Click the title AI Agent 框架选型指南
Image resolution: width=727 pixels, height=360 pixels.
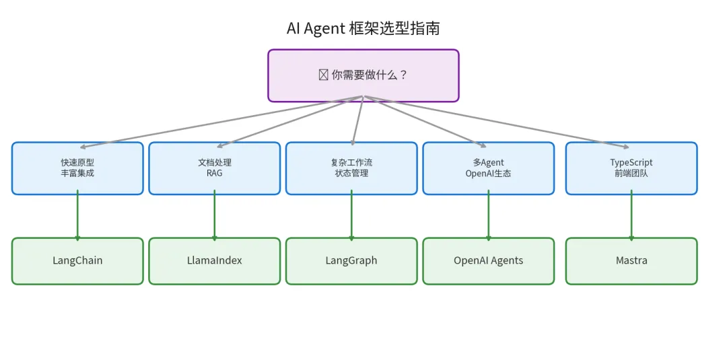click(x=363, y=28)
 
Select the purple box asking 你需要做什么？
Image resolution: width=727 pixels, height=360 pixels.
click(x=363, y=75)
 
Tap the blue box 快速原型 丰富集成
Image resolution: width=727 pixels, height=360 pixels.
click(x=77, y=168)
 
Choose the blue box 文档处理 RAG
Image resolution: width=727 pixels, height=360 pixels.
click(x=214, y=168)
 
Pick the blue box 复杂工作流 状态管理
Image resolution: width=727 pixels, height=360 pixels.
click(x=351, y=168)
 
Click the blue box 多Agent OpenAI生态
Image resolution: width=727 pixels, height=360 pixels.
click(x=488, y=168)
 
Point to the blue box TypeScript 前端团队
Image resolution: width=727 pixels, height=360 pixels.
click(x=631, y=168)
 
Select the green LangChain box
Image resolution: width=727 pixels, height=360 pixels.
click(x=77, y=261)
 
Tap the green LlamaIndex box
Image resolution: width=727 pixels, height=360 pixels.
click(x=214, y=261)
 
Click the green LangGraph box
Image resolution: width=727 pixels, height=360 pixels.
click(x=351, y=261)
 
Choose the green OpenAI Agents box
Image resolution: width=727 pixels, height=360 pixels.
click(x=488, y=261)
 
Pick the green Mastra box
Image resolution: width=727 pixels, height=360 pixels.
click(x=631, y=261)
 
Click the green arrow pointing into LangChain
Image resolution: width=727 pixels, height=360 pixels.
click(x=77, y=216)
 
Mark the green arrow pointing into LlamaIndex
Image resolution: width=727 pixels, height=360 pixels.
click(x=215, y=216)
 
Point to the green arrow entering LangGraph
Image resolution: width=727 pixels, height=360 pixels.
click(x=351, y=216)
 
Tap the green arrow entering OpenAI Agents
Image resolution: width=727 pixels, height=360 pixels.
click(x=489, y=216)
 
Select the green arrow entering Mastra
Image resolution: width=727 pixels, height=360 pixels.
click(x=631, y=216)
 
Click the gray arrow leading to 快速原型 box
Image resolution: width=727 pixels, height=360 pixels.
click(x=222, y=121)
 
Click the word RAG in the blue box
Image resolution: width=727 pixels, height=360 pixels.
click(x=214, y=174)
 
